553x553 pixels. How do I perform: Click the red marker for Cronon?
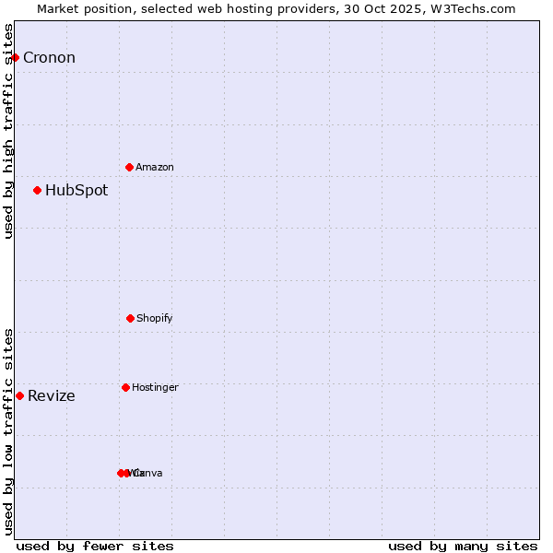pyautogui.click(x=15, y=57)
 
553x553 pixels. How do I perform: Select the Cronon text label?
pyautogui.click(x=49, y=58)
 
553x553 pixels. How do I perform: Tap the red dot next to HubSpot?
pyautogui.click(x=37, y=191)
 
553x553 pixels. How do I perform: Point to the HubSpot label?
pyautogui.click(x=76, y=191)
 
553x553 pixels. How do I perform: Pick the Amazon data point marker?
pyautogui.click(x=130, y=167)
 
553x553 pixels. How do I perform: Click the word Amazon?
pyautogui.click(x=155, y=168)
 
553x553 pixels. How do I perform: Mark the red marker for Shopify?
pyautogui.click(x=130, y=318)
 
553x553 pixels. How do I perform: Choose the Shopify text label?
pyautogui.click(x=155, y=319)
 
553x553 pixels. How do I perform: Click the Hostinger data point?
pyautogui.click(x=125, y=387)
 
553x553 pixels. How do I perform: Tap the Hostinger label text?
pyautogui.click(x=155, y=388)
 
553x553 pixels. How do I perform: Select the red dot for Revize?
pyautogui.click(x=19, y=395)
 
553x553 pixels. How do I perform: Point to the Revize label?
pyautogui.click(x=52, y=396)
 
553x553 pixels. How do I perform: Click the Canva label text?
pyautogui.click(x=149, y=474)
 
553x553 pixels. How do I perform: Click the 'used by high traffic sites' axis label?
pyautogui.click(x=8, y=131)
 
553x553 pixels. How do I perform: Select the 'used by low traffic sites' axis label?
pyautogui.click(x=8, y=431)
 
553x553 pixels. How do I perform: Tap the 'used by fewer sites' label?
pyautogui.click(x=95, y=546)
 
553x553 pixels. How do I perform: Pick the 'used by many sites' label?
pyautogui.click(x=463, y=546)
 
